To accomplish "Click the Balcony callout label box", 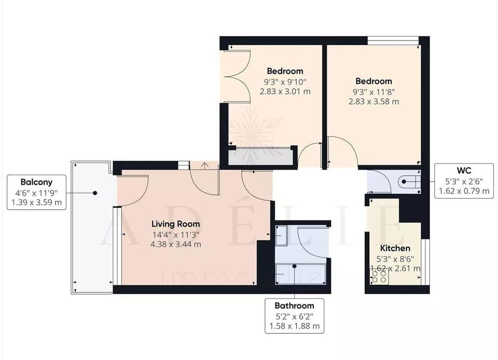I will [36, 192].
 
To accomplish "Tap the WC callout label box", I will [463, 181].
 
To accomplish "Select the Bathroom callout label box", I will [294, 316].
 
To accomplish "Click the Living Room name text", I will [175, 224].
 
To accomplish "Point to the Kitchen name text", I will [395, 248].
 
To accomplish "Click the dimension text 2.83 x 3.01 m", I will [285, 91].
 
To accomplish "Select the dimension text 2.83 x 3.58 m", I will [374, 102].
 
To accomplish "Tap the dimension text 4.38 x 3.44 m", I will [176, 244].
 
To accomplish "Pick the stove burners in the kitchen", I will [379, 277].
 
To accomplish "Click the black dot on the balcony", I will [95, 193].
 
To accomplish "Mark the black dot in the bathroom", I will [294, 266].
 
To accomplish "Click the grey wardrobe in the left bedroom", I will [259, 157].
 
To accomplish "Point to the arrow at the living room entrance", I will [204, 165].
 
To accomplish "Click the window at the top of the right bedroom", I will [393, 40].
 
